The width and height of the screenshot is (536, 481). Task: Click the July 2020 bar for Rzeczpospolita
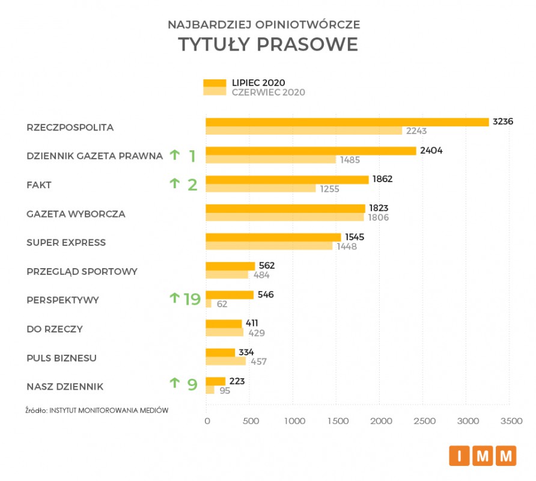(347, 122)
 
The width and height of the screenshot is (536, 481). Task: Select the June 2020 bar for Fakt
(261, 189)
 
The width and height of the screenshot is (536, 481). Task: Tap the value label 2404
(431, 150)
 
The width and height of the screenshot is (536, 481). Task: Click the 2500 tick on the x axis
(424, 422)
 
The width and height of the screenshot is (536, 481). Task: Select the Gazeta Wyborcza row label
(76, 213)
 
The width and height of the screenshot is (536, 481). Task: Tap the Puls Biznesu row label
(62, 358)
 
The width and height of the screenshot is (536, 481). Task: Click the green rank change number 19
(192, 299)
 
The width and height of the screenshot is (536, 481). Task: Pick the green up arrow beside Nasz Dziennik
(174, 382)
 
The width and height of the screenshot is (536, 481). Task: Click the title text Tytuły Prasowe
(267, 45)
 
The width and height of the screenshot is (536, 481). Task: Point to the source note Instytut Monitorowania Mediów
(97, 410)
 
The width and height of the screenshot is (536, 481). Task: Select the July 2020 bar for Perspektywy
(230, 295)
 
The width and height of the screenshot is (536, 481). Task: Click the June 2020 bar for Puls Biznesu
(226, 361)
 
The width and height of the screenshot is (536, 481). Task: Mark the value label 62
(222, 304)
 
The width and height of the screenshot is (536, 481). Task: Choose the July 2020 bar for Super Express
(273, 237)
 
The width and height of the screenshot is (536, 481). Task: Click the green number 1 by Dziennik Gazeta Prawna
(192, 156)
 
